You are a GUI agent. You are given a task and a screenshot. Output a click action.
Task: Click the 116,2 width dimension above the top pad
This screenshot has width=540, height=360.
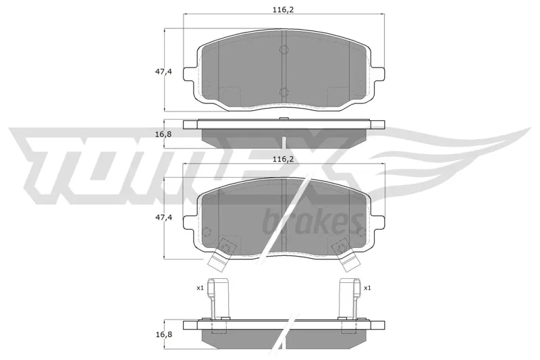click(283, 10)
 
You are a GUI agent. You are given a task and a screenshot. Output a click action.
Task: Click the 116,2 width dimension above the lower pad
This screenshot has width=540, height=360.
click(283, 159)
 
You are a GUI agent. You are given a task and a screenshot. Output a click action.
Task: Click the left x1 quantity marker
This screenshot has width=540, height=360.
click(200, 288)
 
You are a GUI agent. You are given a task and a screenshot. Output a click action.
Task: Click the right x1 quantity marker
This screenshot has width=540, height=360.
click(367, 288)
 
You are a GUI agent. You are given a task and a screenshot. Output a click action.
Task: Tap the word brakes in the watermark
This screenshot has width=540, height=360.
click(313, 220)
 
